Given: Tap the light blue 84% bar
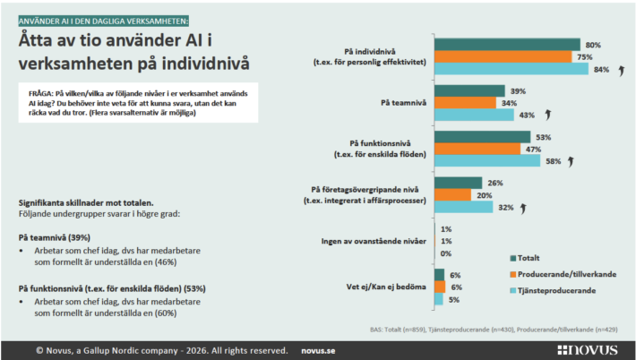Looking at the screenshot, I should click(511, 69).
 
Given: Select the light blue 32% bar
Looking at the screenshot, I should click(463, 207).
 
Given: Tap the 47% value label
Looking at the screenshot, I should click(536, 149).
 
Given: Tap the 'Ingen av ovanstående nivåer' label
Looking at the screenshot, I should click(372, 241).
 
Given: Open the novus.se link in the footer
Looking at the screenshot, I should click(321, 350).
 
